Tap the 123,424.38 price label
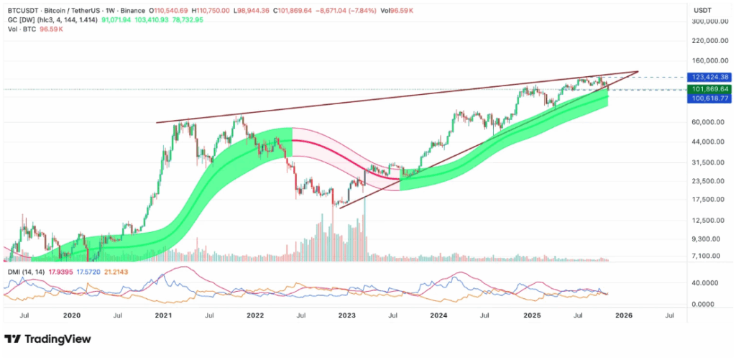(x=709, y=77)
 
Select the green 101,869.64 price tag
(x=709, y=89)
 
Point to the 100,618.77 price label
(x=709, y=98)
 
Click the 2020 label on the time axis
(x=71, y=315)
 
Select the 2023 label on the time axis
(x=347, y=315)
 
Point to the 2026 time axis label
(x=623, y=315)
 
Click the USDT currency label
(x=702, y=9)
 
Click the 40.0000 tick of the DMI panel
(x=707, y=283)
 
